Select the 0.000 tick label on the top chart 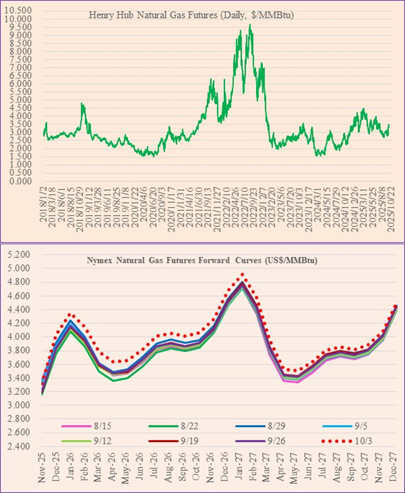22,181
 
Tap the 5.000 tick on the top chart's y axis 22,100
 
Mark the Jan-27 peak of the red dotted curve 242,274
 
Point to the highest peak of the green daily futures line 250,25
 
